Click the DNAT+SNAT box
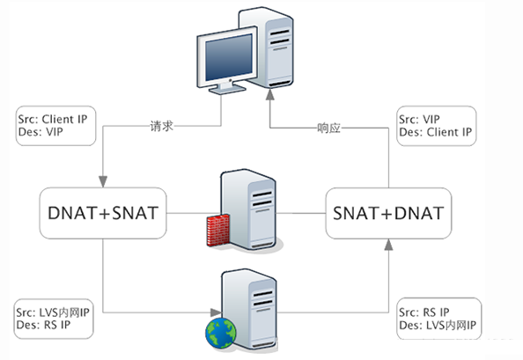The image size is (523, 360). pos(103,213)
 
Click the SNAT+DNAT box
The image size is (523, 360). pos(388,213)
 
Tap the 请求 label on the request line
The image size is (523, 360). pos(162,126)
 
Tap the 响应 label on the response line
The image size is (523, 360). pos(329,128)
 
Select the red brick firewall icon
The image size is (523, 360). pos(218,231)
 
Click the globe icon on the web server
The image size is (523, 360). pos(221,333)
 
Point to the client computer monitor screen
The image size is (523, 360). pos(229,57)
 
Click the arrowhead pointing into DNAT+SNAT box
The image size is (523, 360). pos(103,181)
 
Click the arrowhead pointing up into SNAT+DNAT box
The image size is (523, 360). pos(388,245)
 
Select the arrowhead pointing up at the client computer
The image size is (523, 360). pos(269,94)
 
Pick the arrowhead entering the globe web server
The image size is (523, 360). pos(216,312)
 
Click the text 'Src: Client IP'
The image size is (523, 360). pos(53,119)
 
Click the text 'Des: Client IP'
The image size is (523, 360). pos(435,132)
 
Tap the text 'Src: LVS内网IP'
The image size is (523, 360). pos(53,312)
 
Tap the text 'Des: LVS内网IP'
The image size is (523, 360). pos(438,325)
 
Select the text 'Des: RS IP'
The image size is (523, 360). pos(43,325)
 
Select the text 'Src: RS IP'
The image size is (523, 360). pos(424,312)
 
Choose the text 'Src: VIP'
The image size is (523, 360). pos(419,120)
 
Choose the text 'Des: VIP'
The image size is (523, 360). pos(41,132)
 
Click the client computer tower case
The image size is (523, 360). pos(270,48)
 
